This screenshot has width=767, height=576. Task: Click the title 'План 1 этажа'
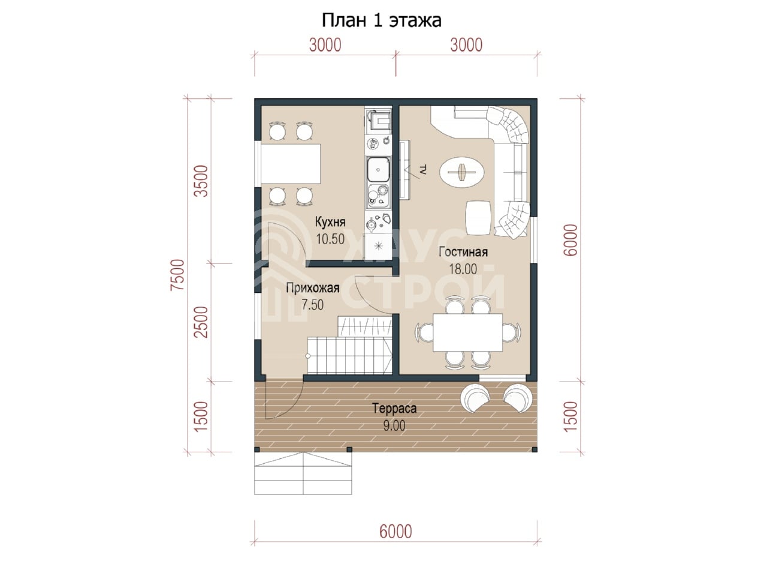[x=381, y=21]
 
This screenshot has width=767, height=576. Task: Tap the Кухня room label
[x=330, y=222]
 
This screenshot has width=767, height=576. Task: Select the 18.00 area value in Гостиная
[x=463, y=269]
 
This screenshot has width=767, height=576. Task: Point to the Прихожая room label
[x=313, y=288]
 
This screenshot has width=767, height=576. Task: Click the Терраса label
[x=394, y=408]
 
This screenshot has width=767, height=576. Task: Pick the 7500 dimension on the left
[x=177, y=275]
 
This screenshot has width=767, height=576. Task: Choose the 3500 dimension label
[x=201, y=181]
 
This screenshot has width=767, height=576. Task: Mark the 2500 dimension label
[x=201, y=322]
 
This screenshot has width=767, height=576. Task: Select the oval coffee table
[x=462, y=173]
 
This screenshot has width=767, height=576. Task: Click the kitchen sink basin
[x=378, y=170]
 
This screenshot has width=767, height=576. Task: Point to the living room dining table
[x=468, y=332]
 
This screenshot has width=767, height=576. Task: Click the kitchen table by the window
[x=291, y=164]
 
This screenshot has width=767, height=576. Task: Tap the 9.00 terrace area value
[x=394, y=425]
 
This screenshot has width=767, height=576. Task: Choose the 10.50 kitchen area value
[x=330, y=239]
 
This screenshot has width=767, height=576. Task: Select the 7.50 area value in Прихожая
[x=313, y=305]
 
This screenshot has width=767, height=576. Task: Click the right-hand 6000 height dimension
[x=570, y=240]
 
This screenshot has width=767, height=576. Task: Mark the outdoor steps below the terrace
[x=303, y=473]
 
